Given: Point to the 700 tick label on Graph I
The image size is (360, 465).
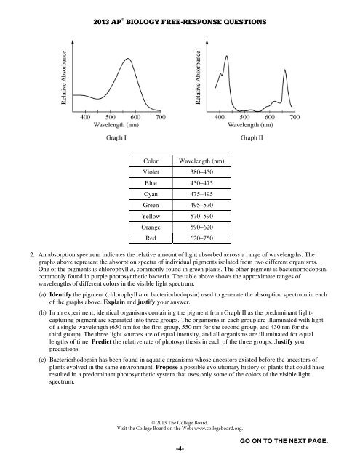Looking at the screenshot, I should coord(159,116).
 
